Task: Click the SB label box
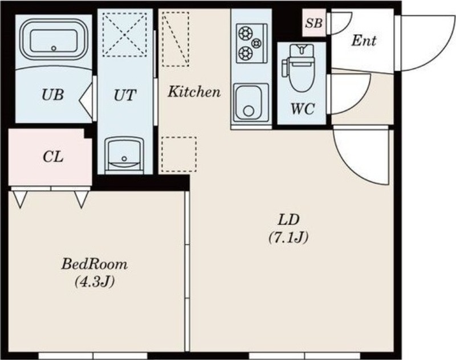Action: (314, 23)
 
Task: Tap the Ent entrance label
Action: (364, 40)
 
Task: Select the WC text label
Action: (303, 109)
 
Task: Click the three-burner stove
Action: (251, 43)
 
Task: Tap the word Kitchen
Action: (194, 92)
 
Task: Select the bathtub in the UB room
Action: (54, 40)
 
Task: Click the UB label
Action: (52, 95)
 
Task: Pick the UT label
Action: (125, 95)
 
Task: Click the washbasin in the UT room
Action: (124, 155)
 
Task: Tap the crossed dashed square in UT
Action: (125, 35)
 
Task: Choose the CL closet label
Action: (53, 157)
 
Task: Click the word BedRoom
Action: (94, 264)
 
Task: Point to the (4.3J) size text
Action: (94, 281)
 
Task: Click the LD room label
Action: (288, 220)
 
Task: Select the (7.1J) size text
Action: (288, 238)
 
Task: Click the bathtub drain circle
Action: (54, 48)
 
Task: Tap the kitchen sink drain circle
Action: (249, 111)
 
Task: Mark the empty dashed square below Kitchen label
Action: (179, 154)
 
